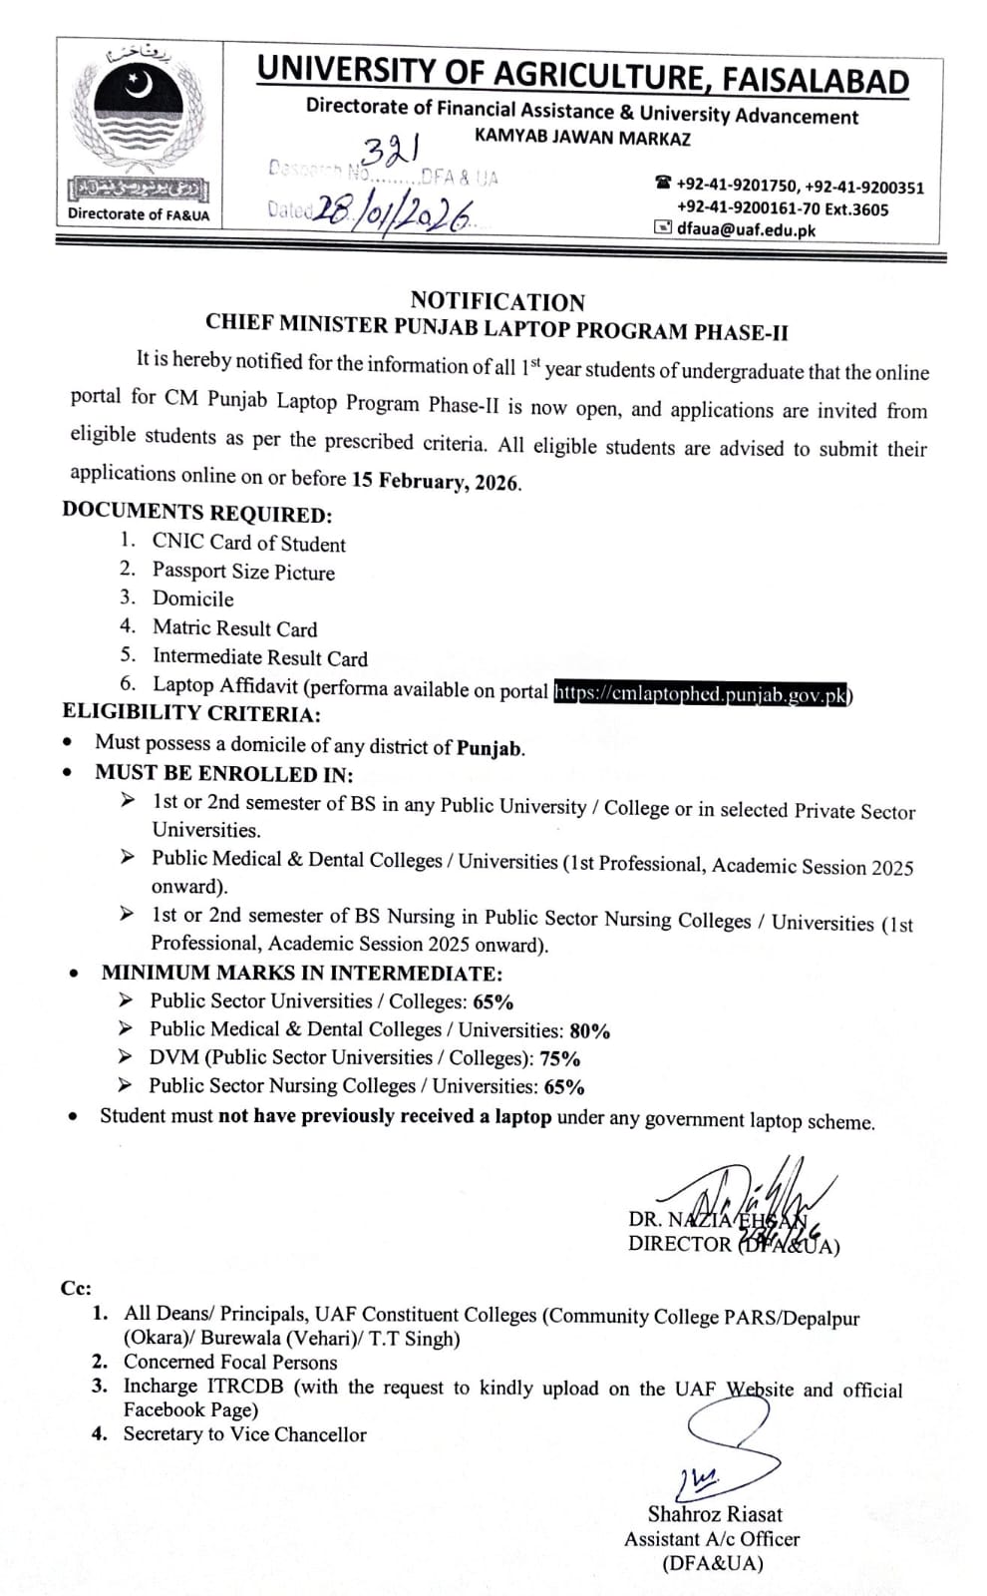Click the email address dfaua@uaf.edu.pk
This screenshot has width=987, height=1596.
click(x=746, y=229)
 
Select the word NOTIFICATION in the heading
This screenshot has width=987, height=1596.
click(x=497, y=301)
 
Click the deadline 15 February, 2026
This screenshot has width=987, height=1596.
click(x=436, y=482)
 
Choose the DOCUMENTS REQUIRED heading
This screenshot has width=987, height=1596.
click(x=196, y=513)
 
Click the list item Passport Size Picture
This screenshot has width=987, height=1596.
click(x=243, y=572)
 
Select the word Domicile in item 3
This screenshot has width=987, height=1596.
click(x=192, y=598)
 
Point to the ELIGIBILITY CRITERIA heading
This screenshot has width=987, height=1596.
click(x=191, y=713)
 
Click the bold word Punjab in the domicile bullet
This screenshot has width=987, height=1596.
click(x=490, y=747)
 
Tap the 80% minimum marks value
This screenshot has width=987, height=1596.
click(x=590, y=1030)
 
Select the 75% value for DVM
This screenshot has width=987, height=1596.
click(x=560, y=1058)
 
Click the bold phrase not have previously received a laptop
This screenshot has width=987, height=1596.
click(x=385, y=1116)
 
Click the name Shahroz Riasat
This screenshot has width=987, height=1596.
click(x=715, y=1514)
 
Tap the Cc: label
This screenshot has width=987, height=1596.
click(x=76, y=1288)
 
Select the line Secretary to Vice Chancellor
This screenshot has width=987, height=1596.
click(x=244, y=1434)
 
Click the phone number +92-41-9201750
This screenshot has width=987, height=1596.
click(x=738, y=186)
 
